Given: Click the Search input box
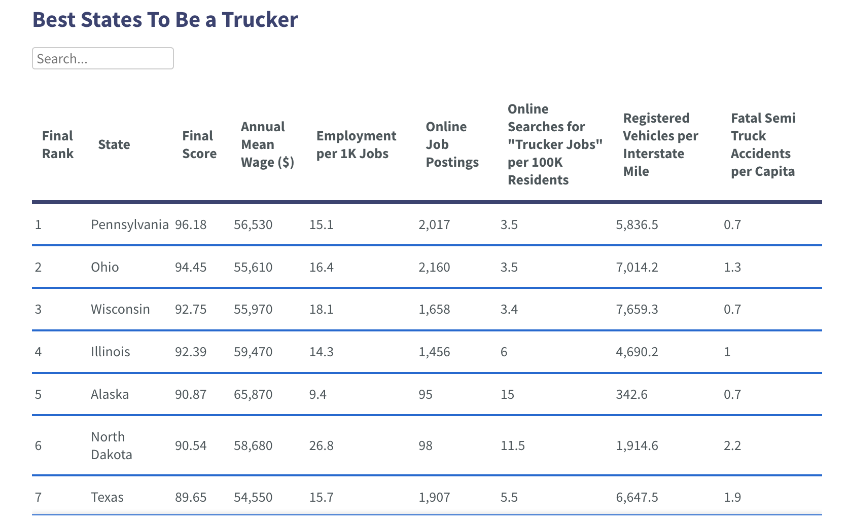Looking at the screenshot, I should click(103, 59).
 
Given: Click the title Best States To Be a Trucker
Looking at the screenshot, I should click(165, 20).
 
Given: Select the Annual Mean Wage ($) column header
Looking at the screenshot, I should click(267, 144).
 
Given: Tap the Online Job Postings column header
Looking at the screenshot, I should click(452, 144).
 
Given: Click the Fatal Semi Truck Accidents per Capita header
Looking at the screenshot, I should click(763, 144).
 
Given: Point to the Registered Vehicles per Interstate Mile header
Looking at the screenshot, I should click(660, 144).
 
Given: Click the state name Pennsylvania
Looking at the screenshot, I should click(129, 224).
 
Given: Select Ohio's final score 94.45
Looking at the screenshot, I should click(191, 267).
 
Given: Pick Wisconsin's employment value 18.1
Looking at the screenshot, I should click(322, 309).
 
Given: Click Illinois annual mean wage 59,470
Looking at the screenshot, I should click(253, 352).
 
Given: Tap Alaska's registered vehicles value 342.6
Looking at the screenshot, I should click(631, 394).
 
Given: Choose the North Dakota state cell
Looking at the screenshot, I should click(112, 445).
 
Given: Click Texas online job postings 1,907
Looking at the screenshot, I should click(434, 497).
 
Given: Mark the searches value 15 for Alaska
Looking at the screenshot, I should click(507, 394).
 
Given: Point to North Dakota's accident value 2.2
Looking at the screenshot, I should click(732, 445).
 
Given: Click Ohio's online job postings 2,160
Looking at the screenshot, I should click(434, 267).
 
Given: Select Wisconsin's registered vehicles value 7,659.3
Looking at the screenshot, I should click(637, 309).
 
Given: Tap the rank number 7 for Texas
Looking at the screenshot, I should click(38, 497).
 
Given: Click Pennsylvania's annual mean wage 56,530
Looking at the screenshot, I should click(253, 224).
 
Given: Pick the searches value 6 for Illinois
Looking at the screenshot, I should click(504, 352).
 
